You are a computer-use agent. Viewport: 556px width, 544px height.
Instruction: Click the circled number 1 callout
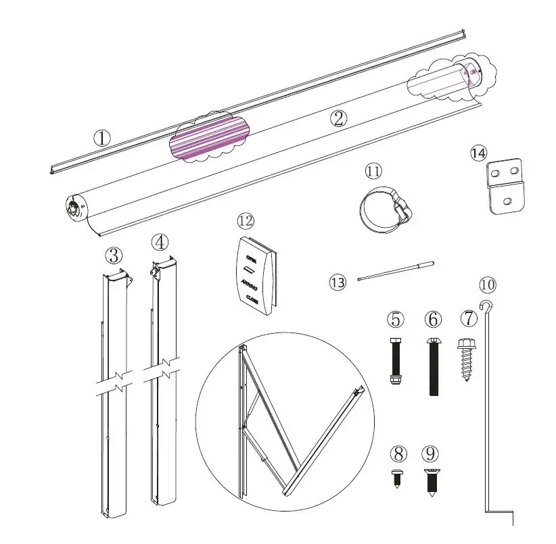click(101, 139)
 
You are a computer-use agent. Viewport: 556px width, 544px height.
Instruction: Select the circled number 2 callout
click(339, 118)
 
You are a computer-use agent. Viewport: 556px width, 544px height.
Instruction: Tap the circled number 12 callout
click(245, 221)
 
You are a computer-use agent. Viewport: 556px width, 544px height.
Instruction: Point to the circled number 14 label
click(478, 153)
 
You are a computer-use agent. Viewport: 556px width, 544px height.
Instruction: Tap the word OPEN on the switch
click(252, 258)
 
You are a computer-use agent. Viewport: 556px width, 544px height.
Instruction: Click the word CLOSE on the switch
click(252, 299)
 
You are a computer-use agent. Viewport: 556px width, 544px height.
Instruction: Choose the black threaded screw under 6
click(434, 367)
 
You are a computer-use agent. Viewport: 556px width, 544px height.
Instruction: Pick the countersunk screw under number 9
click(431, 482)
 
